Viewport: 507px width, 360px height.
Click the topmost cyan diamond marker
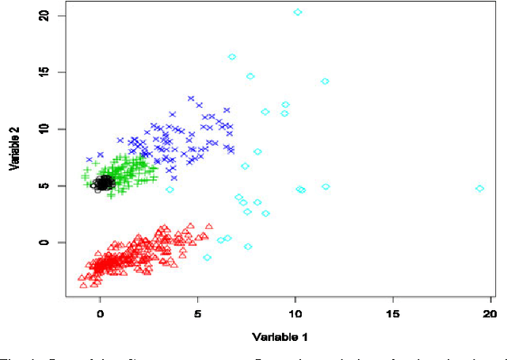297,12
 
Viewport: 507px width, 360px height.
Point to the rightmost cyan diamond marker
480,188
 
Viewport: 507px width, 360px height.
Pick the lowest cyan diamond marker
207,257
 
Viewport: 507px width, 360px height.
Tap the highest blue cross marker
191,99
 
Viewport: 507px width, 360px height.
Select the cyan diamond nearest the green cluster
170,190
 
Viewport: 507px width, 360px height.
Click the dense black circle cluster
103,183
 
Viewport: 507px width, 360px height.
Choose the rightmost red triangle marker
209,226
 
